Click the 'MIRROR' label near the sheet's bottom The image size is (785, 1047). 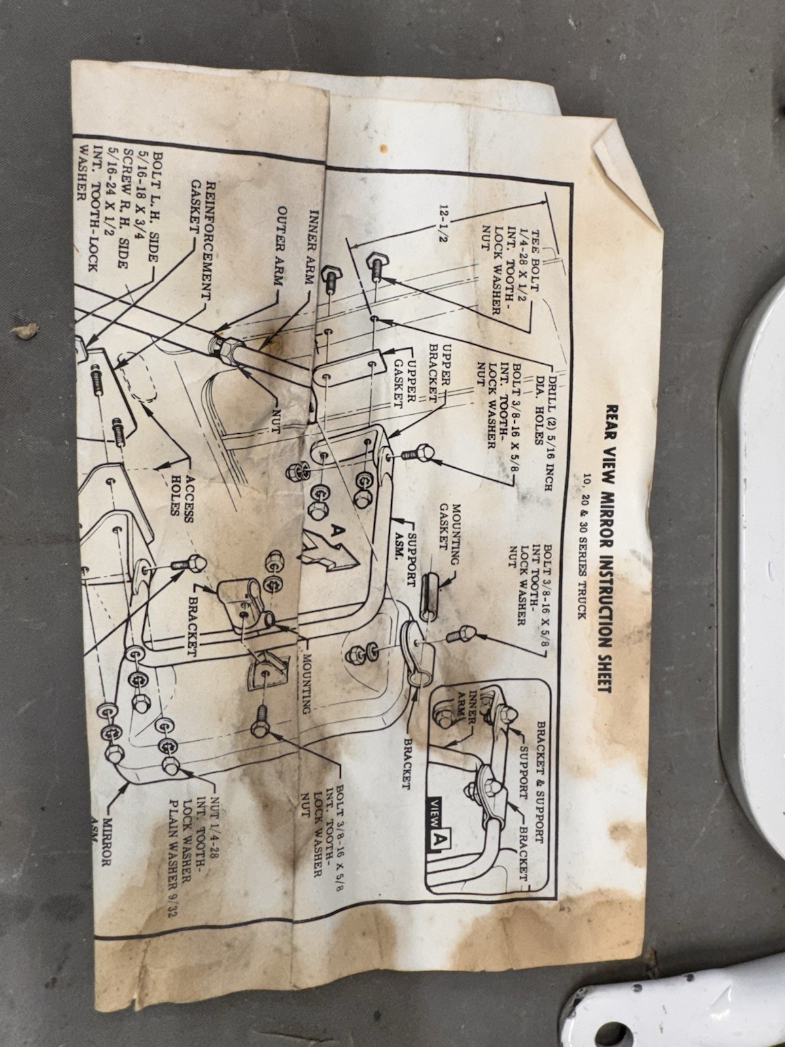(x=106, y=844)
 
